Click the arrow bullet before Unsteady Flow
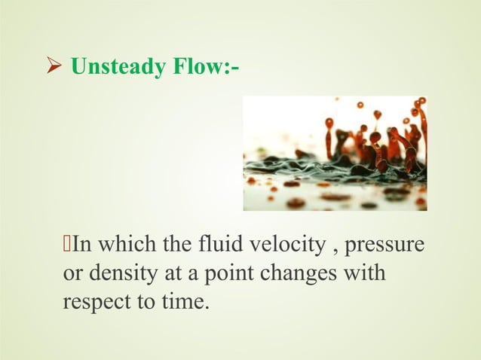(x=54, y=69)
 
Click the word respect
(x=93, y=303)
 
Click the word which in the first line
(x=125, y=246)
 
